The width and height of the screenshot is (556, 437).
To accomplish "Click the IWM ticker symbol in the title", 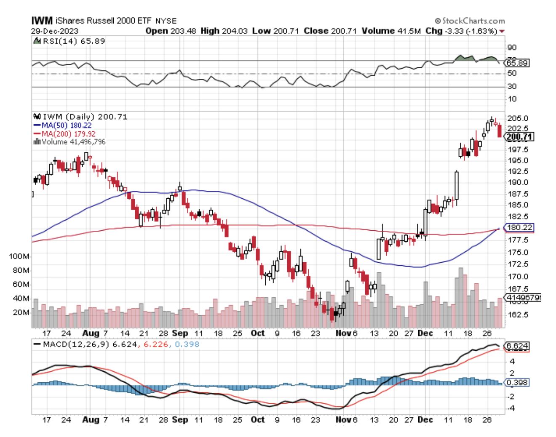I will pyautogui.click(x=42, y=20).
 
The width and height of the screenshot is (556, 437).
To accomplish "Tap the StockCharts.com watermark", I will pyautogui.click(x=470, y=21).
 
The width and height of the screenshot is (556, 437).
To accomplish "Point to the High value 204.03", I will pyautogui.click(x=234, y=31).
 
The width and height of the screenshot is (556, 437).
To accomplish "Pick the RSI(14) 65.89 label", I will pyautogui.click(x=74, y=41).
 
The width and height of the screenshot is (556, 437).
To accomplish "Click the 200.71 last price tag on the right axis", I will pyautogui.click(x=519, y=137).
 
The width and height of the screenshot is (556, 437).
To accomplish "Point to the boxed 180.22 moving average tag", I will pyautogui.click(x=519, y=227).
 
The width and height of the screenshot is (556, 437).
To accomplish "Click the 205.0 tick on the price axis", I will pyautogui.click(x=517, y=118).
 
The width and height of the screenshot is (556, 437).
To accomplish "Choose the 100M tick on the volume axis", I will pyautogui.click(x=19, y=256).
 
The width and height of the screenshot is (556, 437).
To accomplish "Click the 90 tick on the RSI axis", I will pyautogui.click(x=512, y=48).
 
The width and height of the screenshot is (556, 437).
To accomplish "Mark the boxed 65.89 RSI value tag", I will pyautogui.click(x=517, y=63).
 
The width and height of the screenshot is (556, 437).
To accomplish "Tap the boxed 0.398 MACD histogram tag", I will pyautogui.click(x=517, y=383).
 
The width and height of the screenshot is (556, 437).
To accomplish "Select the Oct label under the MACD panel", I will pyautogui.click(x=257, y=420).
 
